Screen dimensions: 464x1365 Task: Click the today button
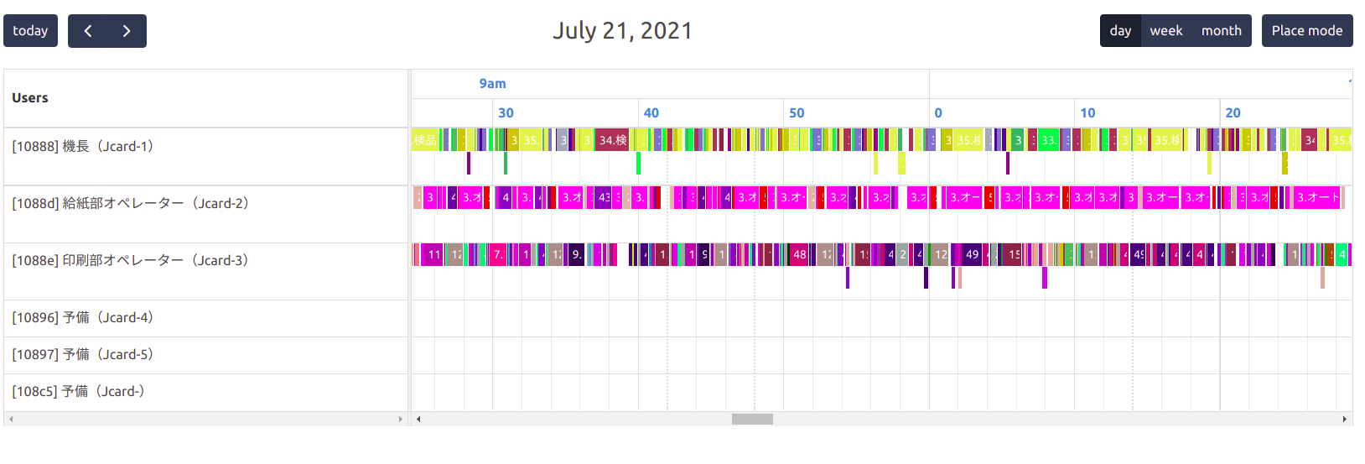coord(30,31)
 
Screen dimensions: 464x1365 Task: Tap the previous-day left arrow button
coord(88,31)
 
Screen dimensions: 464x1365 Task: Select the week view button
coord(1165,31)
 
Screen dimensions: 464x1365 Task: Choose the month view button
coord(1221,31)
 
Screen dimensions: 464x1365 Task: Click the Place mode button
coord(1306,31)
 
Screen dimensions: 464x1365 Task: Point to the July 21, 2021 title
coord(622,31)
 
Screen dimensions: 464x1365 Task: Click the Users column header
coord(30,98)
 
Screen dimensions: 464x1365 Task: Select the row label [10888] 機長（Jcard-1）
coord(83,147)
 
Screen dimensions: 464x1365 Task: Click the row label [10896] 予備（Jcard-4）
coord(83,318)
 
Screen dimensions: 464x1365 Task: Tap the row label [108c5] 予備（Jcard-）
coord(79,392)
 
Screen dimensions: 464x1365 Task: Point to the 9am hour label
coord(492,84)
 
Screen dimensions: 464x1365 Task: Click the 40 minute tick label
coord(651,113)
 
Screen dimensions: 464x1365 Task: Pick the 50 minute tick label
coord(797,113)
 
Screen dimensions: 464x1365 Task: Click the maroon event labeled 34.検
coord(612,140)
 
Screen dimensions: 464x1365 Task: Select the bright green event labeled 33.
coord(1048,140)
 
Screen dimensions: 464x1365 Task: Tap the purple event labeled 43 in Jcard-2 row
coord(604,198)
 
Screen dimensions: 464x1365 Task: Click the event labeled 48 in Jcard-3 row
coord(799,254)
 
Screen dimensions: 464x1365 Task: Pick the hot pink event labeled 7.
coord(497,254)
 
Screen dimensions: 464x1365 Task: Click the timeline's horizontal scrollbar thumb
coord(752,419)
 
